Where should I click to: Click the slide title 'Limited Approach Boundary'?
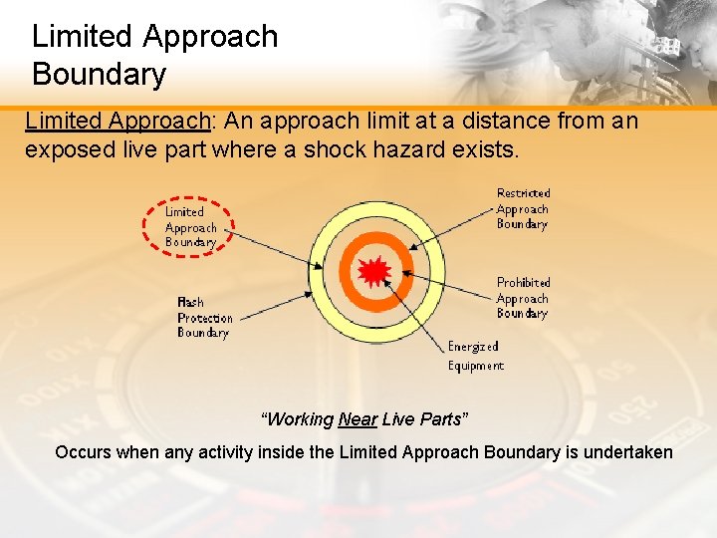(154, 55)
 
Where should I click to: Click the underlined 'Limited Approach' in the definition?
(118, 122)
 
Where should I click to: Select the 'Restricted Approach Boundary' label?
(523, 209)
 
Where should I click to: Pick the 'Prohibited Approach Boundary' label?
(523, 298)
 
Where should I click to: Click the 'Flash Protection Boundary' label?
(204, 318)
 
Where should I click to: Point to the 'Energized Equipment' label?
(475, 356)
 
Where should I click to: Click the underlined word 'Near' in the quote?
(357, 419)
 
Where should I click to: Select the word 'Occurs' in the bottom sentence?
(83, 452)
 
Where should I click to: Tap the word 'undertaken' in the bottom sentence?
(627, 452)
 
